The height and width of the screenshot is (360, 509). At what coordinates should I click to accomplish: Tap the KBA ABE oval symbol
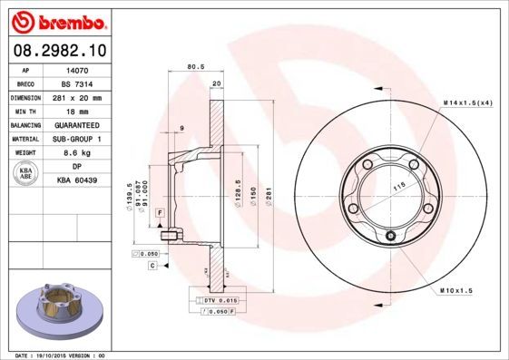pyautogui.click(x=26, y=174)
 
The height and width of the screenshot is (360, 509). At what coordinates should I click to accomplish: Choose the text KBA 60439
pyautogui.click(x=77, y=181)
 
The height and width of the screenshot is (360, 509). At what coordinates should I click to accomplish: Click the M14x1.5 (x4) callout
pyautogui.click(x=467, y=103)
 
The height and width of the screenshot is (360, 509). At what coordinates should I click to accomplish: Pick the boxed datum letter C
pyautogui.click(x=153, y=266)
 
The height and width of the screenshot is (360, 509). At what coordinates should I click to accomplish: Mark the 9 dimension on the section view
pyautogui.click(x=182, y=128)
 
